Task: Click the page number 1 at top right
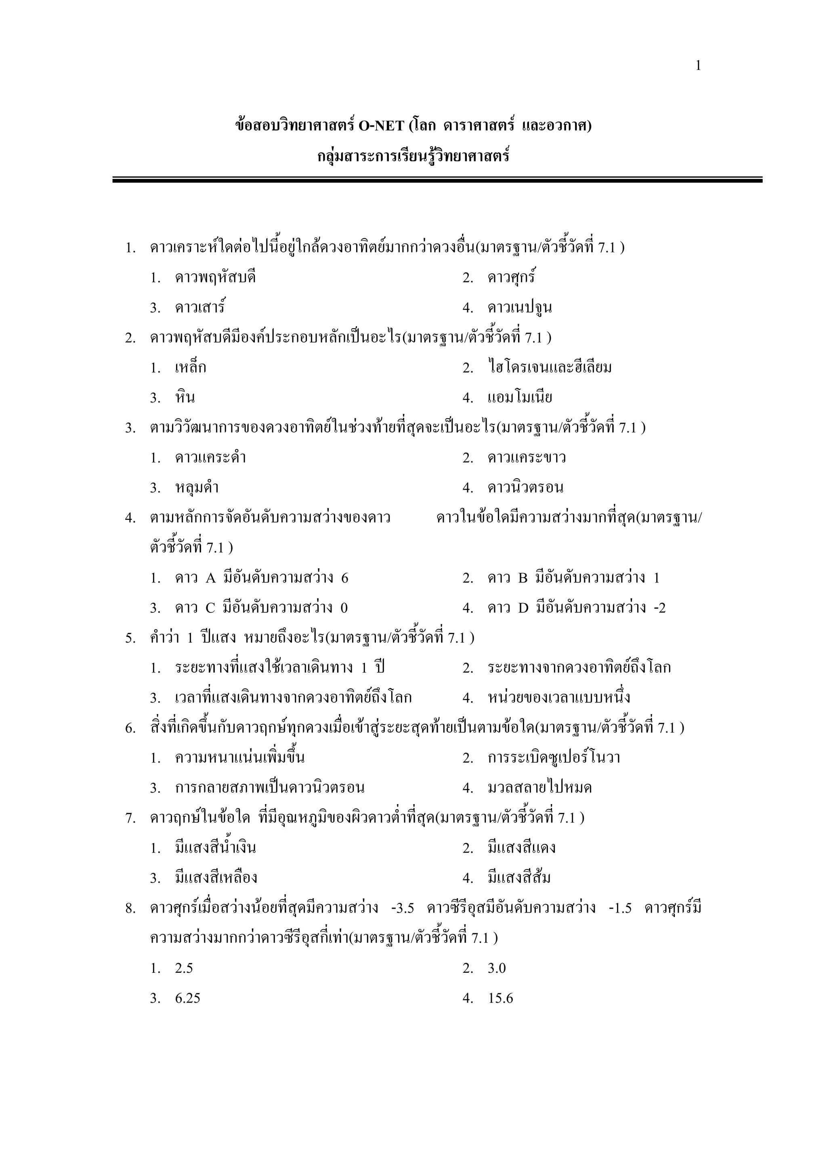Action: (x=698, y=66)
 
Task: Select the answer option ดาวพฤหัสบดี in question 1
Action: (x=215, y=278)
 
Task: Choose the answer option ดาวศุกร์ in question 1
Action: (x=511, y=278)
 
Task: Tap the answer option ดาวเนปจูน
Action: (x=519, y=308)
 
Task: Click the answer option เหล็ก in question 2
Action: (x=191, y=368)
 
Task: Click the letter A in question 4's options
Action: (x=211, y=578)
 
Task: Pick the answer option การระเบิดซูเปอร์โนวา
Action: (x=554, y=758)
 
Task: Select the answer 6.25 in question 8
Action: (x=187, y=998)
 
